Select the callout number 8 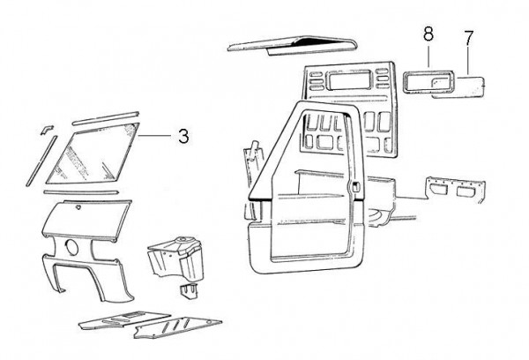click(x=428, y=35)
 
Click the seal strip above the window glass click(x=106, y=116)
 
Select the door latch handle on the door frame click(x=354, y=187)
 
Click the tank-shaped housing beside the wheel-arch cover click(x=176, y=256)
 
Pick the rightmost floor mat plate click(x=176, y=332)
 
